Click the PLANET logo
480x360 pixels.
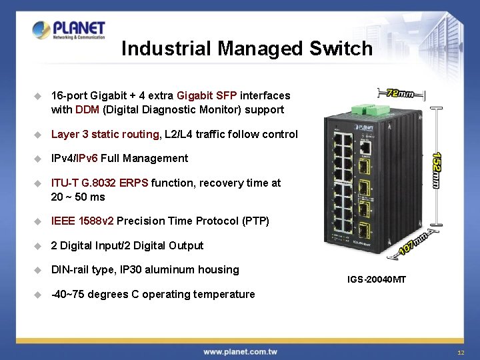(x=69, y=30)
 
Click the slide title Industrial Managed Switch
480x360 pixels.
(x=247, y=49)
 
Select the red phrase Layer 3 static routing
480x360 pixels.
(x=105, y=134)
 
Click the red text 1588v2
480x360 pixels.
(x=96, y=221)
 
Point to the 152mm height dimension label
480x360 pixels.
(x=436, y=169)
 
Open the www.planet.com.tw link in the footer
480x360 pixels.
(x=240, y=351)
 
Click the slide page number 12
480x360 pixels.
(x=461, y=352)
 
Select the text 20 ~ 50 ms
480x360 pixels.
(x=78, y=197)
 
